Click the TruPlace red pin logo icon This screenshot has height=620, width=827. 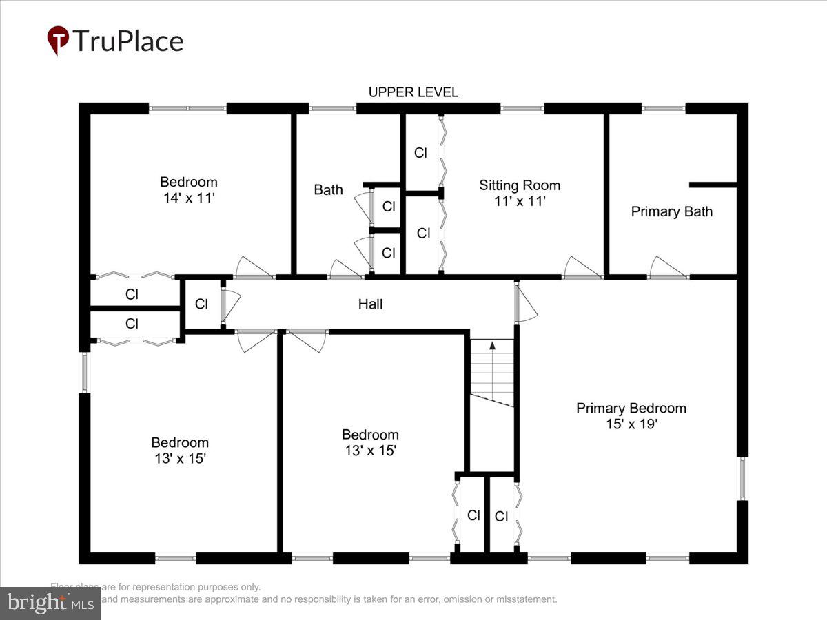point(58,41)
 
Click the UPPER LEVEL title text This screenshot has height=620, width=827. point(413,92)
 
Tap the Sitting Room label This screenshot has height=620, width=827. point(520,185)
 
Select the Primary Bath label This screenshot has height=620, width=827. point(671,211)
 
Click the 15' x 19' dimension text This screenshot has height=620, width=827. point(631,424)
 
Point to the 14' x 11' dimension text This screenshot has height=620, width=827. point(188,197)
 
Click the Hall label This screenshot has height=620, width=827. point(370,304)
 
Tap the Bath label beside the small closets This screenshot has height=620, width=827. point(328,189)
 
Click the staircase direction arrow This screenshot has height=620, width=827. point(492,346)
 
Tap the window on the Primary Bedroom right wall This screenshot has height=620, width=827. point(742,478)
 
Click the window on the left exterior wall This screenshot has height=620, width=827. point(85,372)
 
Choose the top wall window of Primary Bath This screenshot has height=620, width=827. point(663,108)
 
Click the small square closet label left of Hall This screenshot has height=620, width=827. point(201,304)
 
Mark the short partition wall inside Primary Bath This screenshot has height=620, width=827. point(713,185)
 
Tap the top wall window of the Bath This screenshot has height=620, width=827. point(332,108)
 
